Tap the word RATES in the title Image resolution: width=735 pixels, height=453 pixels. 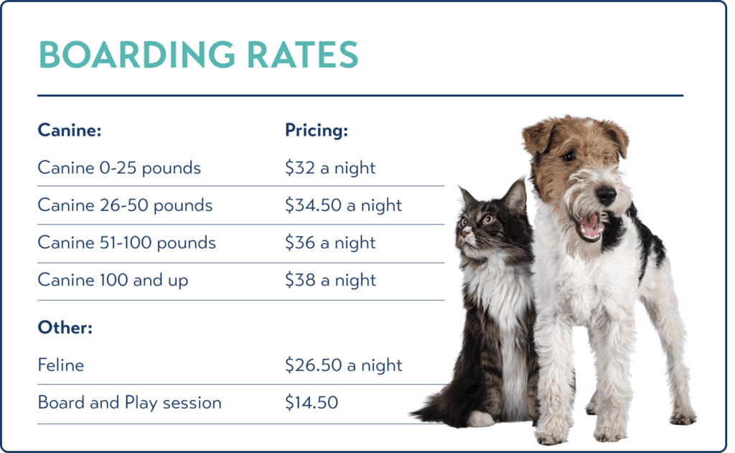click(x=302, y=55)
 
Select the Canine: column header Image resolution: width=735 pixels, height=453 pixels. click(x=70, y=130)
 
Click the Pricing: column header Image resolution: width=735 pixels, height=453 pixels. click(x=317, y=131)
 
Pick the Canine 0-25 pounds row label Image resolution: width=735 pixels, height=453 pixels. click(x=119, y=168)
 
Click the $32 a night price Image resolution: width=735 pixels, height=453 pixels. click(x=330, y=168)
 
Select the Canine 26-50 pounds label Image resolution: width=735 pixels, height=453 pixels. click(x=125, y=205)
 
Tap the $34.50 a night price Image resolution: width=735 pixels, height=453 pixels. click(x=343, y=205)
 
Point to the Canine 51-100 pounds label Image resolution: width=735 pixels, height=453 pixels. click(x=126, y=243)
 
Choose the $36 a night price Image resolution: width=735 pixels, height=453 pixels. click(x=330, y=243)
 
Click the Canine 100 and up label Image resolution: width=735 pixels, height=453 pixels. click(x=113, y=281)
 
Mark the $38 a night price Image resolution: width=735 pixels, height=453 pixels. click(x=330, y=281)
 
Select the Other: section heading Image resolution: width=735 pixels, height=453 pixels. click(x=65, y=327)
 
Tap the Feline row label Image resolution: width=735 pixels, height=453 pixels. click(x=61, y=365)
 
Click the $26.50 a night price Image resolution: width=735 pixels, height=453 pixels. click(x=343, y=365)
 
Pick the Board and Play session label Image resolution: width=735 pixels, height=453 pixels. click(x=129, y=403)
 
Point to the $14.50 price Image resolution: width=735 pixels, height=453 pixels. click(x=312, y=403)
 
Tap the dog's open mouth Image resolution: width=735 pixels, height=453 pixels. click(x=589, y=225)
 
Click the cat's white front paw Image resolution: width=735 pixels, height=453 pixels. click(x=479, y=419)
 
